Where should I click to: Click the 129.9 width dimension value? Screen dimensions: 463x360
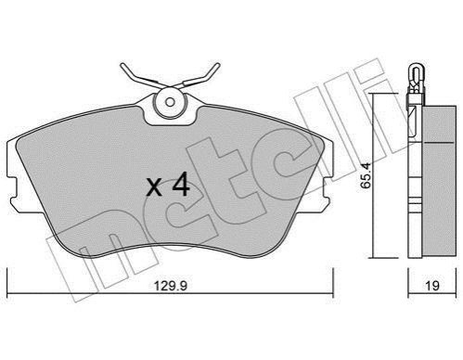coord(171,285)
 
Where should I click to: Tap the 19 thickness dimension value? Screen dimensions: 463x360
coord(432,285)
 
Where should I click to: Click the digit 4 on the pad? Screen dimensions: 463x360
coord(181,185)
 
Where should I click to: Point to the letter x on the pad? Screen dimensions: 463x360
coord(154,187)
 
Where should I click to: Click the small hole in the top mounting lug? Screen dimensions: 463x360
coord(170,102)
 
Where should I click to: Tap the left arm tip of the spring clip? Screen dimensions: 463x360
coord(122,65)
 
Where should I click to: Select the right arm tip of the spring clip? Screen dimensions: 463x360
coord(218,65)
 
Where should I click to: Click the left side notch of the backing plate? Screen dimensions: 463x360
coord(12,189)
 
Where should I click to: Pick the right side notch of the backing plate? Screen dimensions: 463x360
coord(328,189)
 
